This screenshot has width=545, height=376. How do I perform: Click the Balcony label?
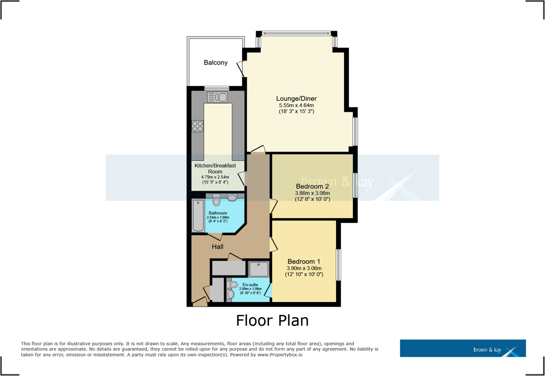pyautogui.click(x=215, y=63)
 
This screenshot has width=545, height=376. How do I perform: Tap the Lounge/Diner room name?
pyautogui.click(x=296, y=99)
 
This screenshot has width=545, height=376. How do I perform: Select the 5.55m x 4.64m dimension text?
pyautogui.click(x=296, y=105)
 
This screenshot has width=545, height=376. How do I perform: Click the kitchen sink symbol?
pyautogui.click(x=218, y=97)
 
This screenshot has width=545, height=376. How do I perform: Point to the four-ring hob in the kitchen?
pyautogui.click(x=198, y=126)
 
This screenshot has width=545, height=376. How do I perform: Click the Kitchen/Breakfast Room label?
pyautogui.click(x=215, y=168)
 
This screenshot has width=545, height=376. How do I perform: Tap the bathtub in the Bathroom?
pyautogui.click(x=198, y=216)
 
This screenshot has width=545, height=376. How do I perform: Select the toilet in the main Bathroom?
pyautogui.click(x=216, y=201)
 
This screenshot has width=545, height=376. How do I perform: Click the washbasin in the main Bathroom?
pyautogui.click(x=232, y=198)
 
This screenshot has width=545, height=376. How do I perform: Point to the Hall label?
pyautogui.click(x=218, y=247)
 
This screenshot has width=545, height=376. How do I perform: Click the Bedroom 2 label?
pyautogui.click(x=312, y=187)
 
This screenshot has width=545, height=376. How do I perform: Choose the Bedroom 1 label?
pyautogui.click(x=304, y=262)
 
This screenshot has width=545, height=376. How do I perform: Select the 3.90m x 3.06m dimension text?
pyautogui.click(x=304, y=268)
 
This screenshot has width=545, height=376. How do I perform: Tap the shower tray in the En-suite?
pyautogui.click(x=259, y=269)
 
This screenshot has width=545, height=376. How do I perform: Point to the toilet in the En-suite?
pyautogui.click(x=233, y=285)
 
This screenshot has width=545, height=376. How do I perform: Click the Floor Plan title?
pyautogui.click(x=272, y=320)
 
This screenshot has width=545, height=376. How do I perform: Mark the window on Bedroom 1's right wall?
pyautogui.click(x=339, y=265)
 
